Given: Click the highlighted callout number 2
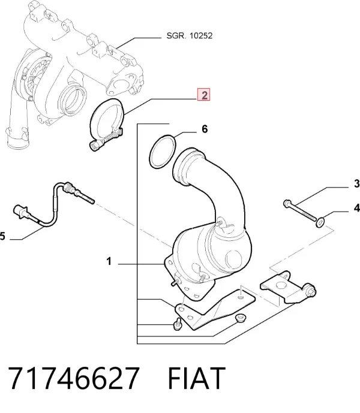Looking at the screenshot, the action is [204, 94].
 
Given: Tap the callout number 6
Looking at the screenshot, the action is [205, 129].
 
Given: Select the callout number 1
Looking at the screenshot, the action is [109, 261].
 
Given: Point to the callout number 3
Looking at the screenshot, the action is [356, 183].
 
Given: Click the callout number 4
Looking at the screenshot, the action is [357, 208].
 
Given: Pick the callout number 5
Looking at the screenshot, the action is [2, 236].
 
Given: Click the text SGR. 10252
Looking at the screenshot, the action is [190, 35].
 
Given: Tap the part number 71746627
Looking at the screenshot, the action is [74, 378].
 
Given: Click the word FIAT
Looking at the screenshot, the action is [196, 378].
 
